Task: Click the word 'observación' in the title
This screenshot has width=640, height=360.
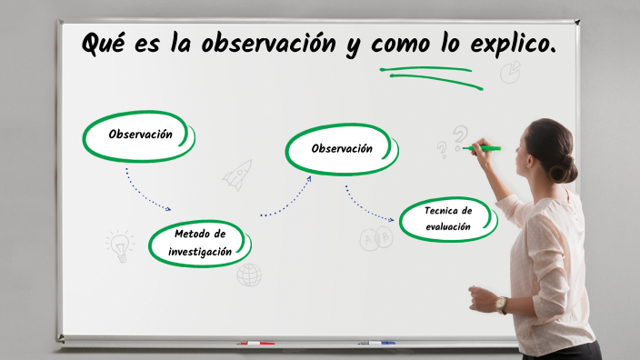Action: pyautogui.click(x=269, y=43)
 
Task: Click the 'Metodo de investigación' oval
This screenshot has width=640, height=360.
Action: pyautogui.click(x=199, y=243)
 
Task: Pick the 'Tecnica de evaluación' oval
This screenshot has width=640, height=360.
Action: pyautogui.click(x=447, y=219)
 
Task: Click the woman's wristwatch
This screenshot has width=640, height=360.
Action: pyautogui.click(x=501, y=304)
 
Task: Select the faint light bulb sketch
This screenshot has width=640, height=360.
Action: pyautogui.click(x=119, y=245)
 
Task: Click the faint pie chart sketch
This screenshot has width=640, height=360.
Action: pyautogui.click(x=510, y=71)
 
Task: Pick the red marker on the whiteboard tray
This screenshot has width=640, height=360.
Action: pyautogui.click(x=255, y=343)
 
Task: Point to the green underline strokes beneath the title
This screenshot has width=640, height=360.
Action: pyautogui.click(x=433, y=76)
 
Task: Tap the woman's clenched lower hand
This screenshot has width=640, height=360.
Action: pyautogui.click(x=479, y=297)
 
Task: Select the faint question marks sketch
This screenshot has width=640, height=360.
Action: pyautogui.click(x=452, y=141)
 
